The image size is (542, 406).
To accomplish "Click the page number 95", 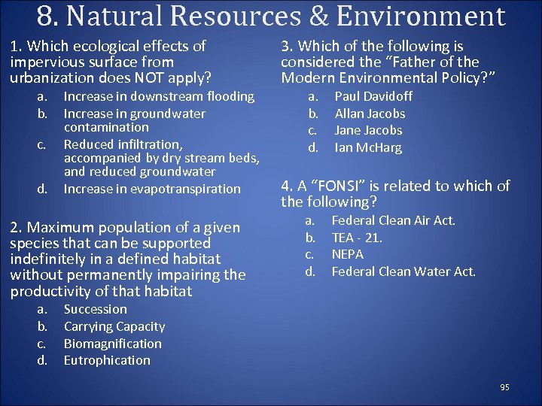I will (504, 387).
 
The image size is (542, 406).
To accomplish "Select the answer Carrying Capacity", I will (114, 326).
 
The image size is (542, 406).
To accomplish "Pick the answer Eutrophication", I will (107, 360).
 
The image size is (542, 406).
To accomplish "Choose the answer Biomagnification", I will (112, 344).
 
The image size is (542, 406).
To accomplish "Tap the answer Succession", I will (95, 309).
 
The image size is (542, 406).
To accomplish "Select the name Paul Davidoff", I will (373, 96).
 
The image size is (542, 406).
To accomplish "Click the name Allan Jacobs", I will (370, 114).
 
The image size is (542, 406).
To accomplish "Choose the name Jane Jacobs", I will (368, 130).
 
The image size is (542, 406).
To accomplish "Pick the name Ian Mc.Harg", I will (368, 147).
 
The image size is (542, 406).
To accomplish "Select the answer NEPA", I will (347, 254).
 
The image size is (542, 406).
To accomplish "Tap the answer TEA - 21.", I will (357, 238).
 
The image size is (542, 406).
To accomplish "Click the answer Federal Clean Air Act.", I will (394, 220).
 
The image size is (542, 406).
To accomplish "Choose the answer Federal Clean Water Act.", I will (403, 271).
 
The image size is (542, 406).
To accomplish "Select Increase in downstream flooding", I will (159, 96).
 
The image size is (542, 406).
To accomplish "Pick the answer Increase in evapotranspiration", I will (152, 189).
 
